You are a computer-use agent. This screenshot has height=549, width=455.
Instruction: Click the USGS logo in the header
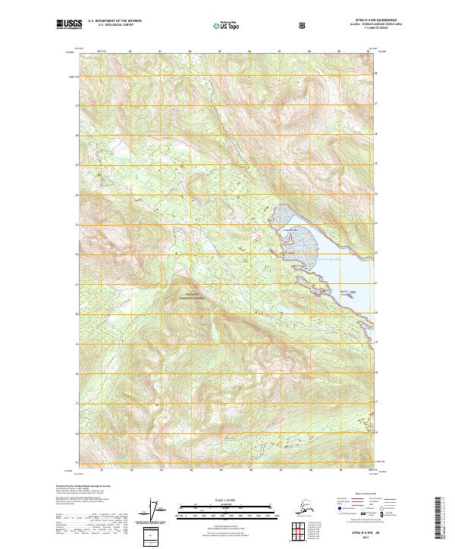(69, 25)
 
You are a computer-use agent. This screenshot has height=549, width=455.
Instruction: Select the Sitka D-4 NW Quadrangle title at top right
(361, 21)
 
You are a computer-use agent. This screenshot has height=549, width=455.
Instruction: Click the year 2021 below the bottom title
(361, 540)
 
